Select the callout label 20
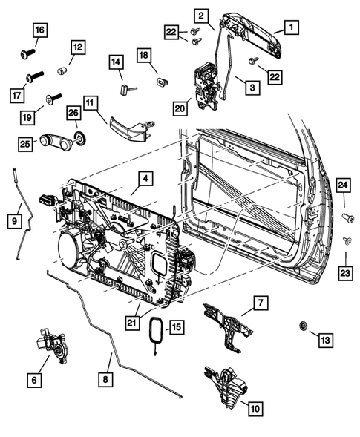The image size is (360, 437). point(179,108)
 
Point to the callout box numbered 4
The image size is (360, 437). point(145,179)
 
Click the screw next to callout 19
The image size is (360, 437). point(51,97)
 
